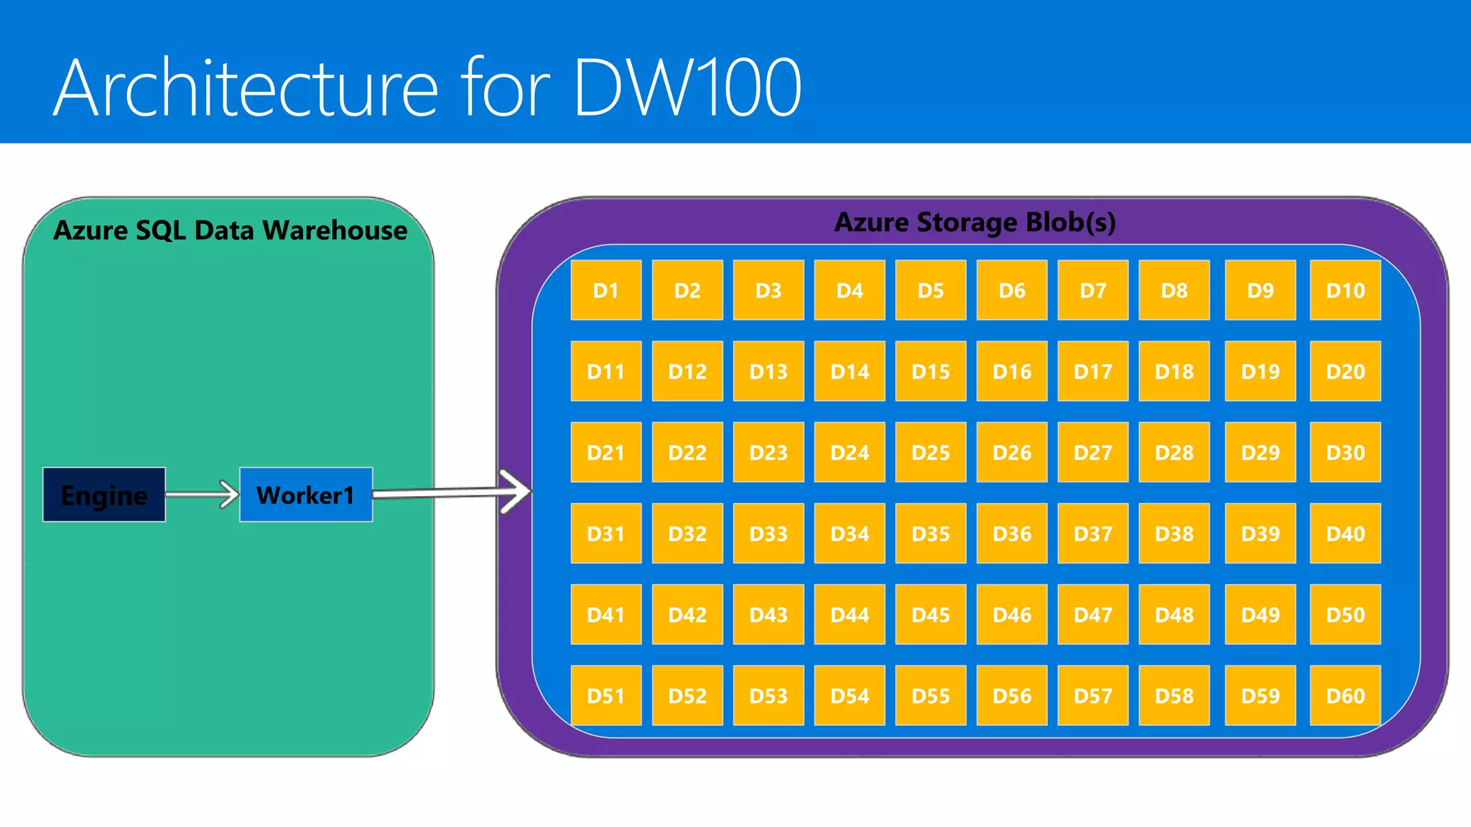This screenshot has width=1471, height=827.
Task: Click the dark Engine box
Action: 104,495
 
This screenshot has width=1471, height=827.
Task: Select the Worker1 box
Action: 306,495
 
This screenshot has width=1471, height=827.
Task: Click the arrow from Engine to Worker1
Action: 202,494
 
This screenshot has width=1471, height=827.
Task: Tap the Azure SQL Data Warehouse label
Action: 230,230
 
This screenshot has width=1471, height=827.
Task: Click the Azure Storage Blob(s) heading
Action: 975,223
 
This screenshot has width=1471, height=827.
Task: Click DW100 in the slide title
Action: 687,88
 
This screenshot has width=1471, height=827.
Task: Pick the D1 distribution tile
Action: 606,290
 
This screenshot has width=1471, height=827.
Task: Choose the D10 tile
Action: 1345,290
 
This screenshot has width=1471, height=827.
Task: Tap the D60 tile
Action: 1345,695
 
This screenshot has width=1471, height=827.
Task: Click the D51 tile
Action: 606,695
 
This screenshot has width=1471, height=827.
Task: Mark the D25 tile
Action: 931,452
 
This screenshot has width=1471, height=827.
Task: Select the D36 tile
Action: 1012,533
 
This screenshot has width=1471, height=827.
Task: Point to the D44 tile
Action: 850,615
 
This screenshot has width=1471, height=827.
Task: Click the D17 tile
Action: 1093,371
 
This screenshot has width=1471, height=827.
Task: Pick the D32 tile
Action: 687,533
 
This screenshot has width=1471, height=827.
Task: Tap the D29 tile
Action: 1261,452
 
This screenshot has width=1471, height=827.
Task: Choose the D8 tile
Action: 1174,290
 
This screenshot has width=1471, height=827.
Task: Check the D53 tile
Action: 769,695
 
